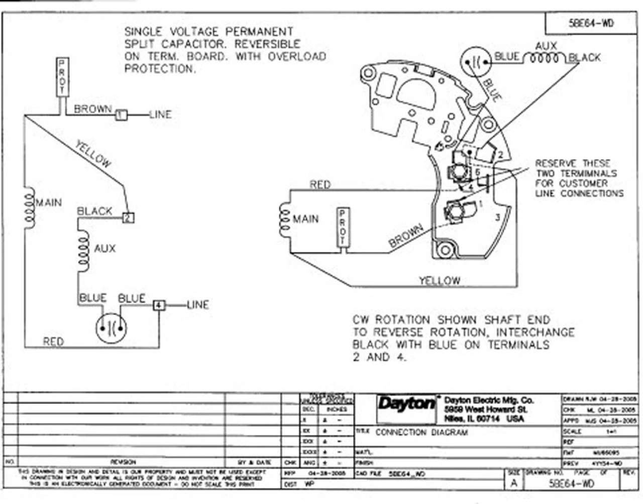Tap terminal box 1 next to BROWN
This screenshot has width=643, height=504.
click(x=121, y=115)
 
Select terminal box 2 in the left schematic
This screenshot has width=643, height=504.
click(x=129, y=218)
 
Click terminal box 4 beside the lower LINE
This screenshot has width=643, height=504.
click(x=159, y=305)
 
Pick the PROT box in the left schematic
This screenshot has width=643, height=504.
click(x=62, y=77)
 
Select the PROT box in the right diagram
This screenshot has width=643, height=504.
click(x=343, y=227)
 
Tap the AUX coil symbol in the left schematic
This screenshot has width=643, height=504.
click(x=83, y=250)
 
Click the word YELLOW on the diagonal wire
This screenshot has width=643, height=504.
click(x=93, y=154)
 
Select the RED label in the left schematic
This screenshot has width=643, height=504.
click(x=53, y=341)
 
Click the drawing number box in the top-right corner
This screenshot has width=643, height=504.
click(x=591, y=24)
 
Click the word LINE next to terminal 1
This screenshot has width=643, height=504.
click(x=160, y=114)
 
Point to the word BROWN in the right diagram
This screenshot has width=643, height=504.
click(x=406, y=236)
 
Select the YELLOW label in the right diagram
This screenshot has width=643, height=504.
click(x=440, y=280)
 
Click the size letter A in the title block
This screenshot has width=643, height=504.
click(x=513, y=482)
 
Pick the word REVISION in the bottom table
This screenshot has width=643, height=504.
click(x=123, y=461)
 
